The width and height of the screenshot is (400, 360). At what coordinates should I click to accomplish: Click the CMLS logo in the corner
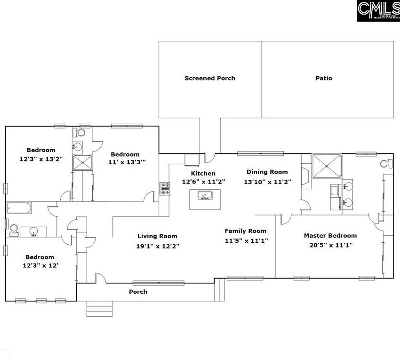[378, 11]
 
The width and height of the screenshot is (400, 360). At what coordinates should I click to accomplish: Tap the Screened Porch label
[210, 78]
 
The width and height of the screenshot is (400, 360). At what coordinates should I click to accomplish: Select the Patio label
[324, 78]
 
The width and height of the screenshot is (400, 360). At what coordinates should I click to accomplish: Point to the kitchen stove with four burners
[165, 188]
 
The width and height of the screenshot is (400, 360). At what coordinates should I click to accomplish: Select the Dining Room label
[267, 172]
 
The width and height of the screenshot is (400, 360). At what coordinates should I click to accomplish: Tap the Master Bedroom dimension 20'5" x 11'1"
[330, 245]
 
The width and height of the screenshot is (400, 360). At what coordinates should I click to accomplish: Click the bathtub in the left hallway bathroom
[19, 208]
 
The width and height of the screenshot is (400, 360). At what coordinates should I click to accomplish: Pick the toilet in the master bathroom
[386, 164]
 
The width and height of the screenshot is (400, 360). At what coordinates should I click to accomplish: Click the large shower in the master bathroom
[326, 165]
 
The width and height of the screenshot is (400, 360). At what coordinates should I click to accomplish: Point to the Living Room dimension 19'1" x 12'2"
[157, 246]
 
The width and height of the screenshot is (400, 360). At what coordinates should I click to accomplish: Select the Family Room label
[245, 231]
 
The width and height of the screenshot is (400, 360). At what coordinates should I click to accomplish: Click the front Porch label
[138, 292]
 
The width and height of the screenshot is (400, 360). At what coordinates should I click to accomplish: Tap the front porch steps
[99, 309]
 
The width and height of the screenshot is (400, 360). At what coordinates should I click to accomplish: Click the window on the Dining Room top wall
[260, 153]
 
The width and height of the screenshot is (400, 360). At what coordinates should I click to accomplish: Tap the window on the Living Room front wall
[158, 283]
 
